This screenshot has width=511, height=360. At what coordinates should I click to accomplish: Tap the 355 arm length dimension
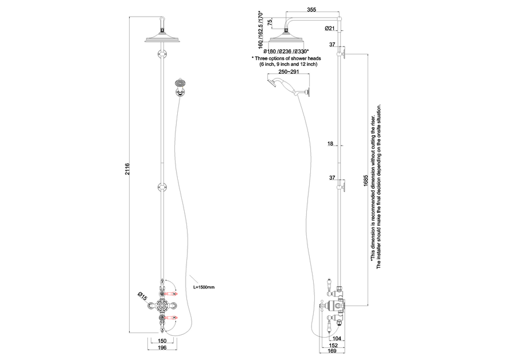311,10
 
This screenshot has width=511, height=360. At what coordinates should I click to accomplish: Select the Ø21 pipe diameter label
330,28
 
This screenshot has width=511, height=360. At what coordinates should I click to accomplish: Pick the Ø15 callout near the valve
142,297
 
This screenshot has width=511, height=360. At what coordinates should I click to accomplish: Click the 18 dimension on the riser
330,144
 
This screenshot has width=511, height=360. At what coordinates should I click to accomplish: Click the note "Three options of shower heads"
286,59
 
